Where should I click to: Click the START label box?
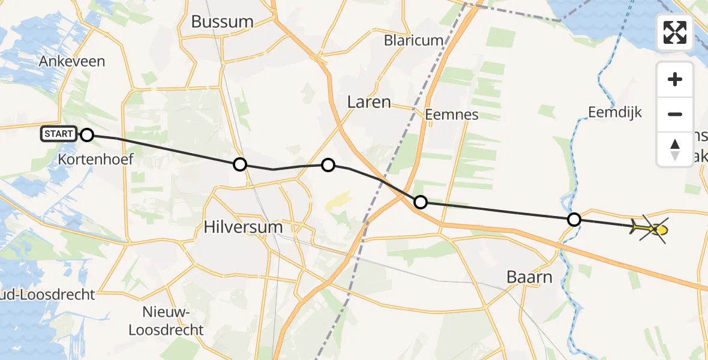coord(59,134)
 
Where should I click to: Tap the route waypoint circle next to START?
coord(87,135)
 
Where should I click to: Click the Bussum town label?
coord(222,22)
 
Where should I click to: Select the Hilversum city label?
coord(242,227)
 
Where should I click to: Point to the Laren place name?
coord(369,102)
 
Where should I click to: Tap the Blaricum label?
coord(415,41)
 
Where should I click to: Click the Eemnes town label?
coord(451,114)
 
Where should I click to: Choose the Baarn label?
coord(529,277)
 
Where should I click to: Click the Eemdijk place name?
coord(615,112)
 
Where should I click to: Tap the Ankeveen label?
coord(71,61)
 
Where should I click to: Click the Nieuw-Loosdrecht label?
coord(173,321)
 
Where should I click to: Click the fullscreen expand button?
coord(675,32)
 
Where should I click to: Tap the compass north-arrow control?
coord(675,149)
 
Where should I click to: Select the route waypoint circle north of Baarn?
coord(574,220)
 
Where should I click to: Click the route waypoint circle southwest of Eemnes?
coord(421,202)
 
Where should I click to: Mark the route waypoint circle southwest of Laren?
coord(328,165)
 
